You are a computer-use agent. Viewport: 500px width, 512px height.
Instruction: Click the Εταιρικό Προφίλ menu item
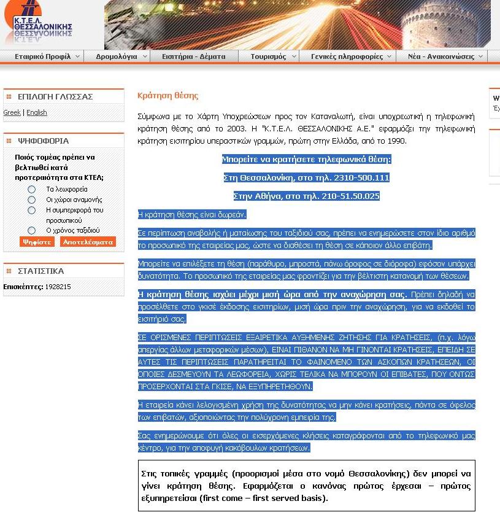[x=42, y=56]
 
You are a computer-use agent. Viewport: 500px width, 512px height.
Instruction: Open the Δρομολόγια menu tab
[x=117, y=56]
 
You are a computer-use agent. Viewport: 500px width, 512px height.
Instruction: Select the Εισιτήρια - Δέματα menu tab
[x=193, y=56]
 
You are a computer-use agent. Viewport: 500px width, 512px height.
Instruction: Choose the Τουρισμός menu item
[x=268, y=56]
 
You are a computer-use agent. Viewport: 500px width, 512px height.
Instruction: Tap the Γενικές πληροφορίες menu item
[x=347, y=56]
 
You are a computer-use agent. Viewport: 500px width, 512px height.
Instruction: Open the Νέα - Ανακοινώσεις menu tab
[x=441, y=56]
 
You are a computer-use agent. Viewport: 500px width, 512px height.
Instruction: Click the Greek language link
[x=12, y=113]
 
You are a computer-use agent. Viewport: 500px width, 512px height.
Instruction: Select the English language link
[x=37, y=113]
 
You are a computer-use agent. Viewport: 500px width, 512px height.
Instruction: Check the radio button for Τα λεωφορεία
[x=32, y=190]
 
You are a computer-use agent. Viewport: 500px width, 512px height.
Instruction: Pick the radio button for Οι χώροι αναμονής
[x=32, y=200]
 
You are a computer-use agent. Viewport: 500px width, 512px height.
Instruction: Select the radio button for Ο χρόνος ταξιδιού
[x=32, y=230]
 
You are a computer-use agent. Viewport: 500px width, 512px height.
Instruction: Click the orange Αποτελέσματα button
[x=88, y=242]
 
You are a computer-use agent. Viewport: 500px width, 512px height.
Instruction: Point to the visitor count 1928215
[x=58, y=287]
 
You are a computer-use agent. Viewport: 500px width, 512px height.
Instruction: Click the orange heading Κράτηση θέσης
[x=167, y=96]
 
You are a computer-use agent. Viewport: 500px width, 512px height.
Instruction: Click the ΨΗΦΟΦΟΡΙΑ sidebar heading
[x=43, y=141]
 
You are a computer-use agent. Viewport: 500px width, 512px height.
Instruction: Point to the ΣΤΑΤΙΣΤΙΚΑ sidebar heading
[x=40, y=271]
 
